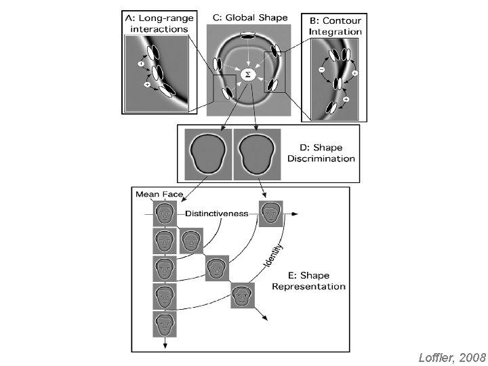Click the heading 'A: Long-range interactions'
158,22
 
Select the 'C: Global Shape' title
250,17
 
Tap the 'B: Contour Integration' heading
335,26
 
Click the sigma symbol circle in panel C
247,75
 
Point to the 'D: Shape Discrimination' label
320,153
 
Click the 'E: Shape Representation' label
308,281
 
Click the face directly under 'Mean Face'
165,214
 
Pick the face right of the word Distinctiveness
270,213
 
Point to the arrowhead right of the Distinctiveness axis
296,213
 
